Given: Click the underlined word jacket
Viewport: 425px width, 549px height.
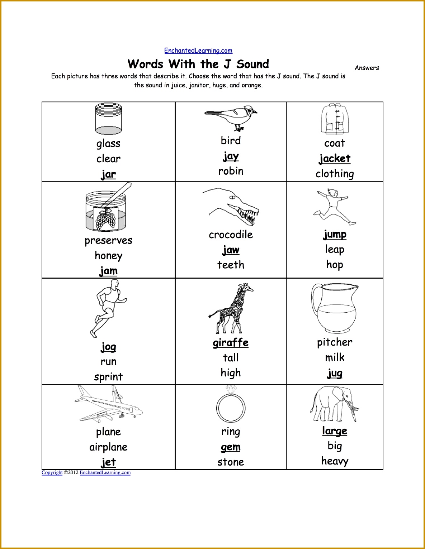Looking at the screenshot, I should (335, 158).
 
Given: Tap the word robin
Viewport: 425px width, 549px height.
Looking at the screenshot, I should (231, 171).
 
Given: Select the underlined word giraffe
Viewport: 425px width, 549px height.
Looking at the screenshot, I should (231, 343).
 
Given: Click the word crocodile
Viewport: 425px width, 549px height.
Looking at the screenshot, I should (231, 235).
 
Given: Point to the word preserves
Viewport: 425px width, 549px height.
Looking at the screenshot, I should (108, 241).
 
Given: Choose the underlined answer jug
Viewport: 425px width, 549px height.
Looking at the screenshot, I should (335, 373).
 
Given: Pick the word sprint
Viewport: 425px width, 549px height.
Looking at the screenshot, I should (108, 377).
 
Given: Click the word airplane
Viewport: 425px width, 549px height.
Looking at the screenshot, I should (108, 447).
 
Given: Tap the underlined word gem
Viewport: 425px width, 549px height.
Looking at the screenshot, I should (231, 447).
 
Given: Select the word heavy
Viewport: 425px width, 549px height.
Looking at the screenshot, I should (335, 461).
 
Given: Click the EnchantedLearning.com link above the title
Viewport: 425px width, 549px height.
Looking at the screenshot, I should (198, 50).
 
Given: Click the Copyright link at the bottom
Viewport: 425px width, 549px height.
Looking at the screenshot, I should (52, 472).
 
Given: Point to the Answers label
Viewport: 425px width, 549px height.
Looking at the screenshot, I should (367, 68).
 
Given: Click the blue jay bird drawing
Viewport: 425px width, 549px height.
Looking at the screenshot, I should (231, 117).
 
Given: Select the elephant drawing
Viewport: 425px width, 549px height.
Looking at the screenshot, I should (334, 404).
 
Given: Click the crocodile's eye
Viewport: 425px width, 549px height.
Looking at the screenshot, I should (232, 197).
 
